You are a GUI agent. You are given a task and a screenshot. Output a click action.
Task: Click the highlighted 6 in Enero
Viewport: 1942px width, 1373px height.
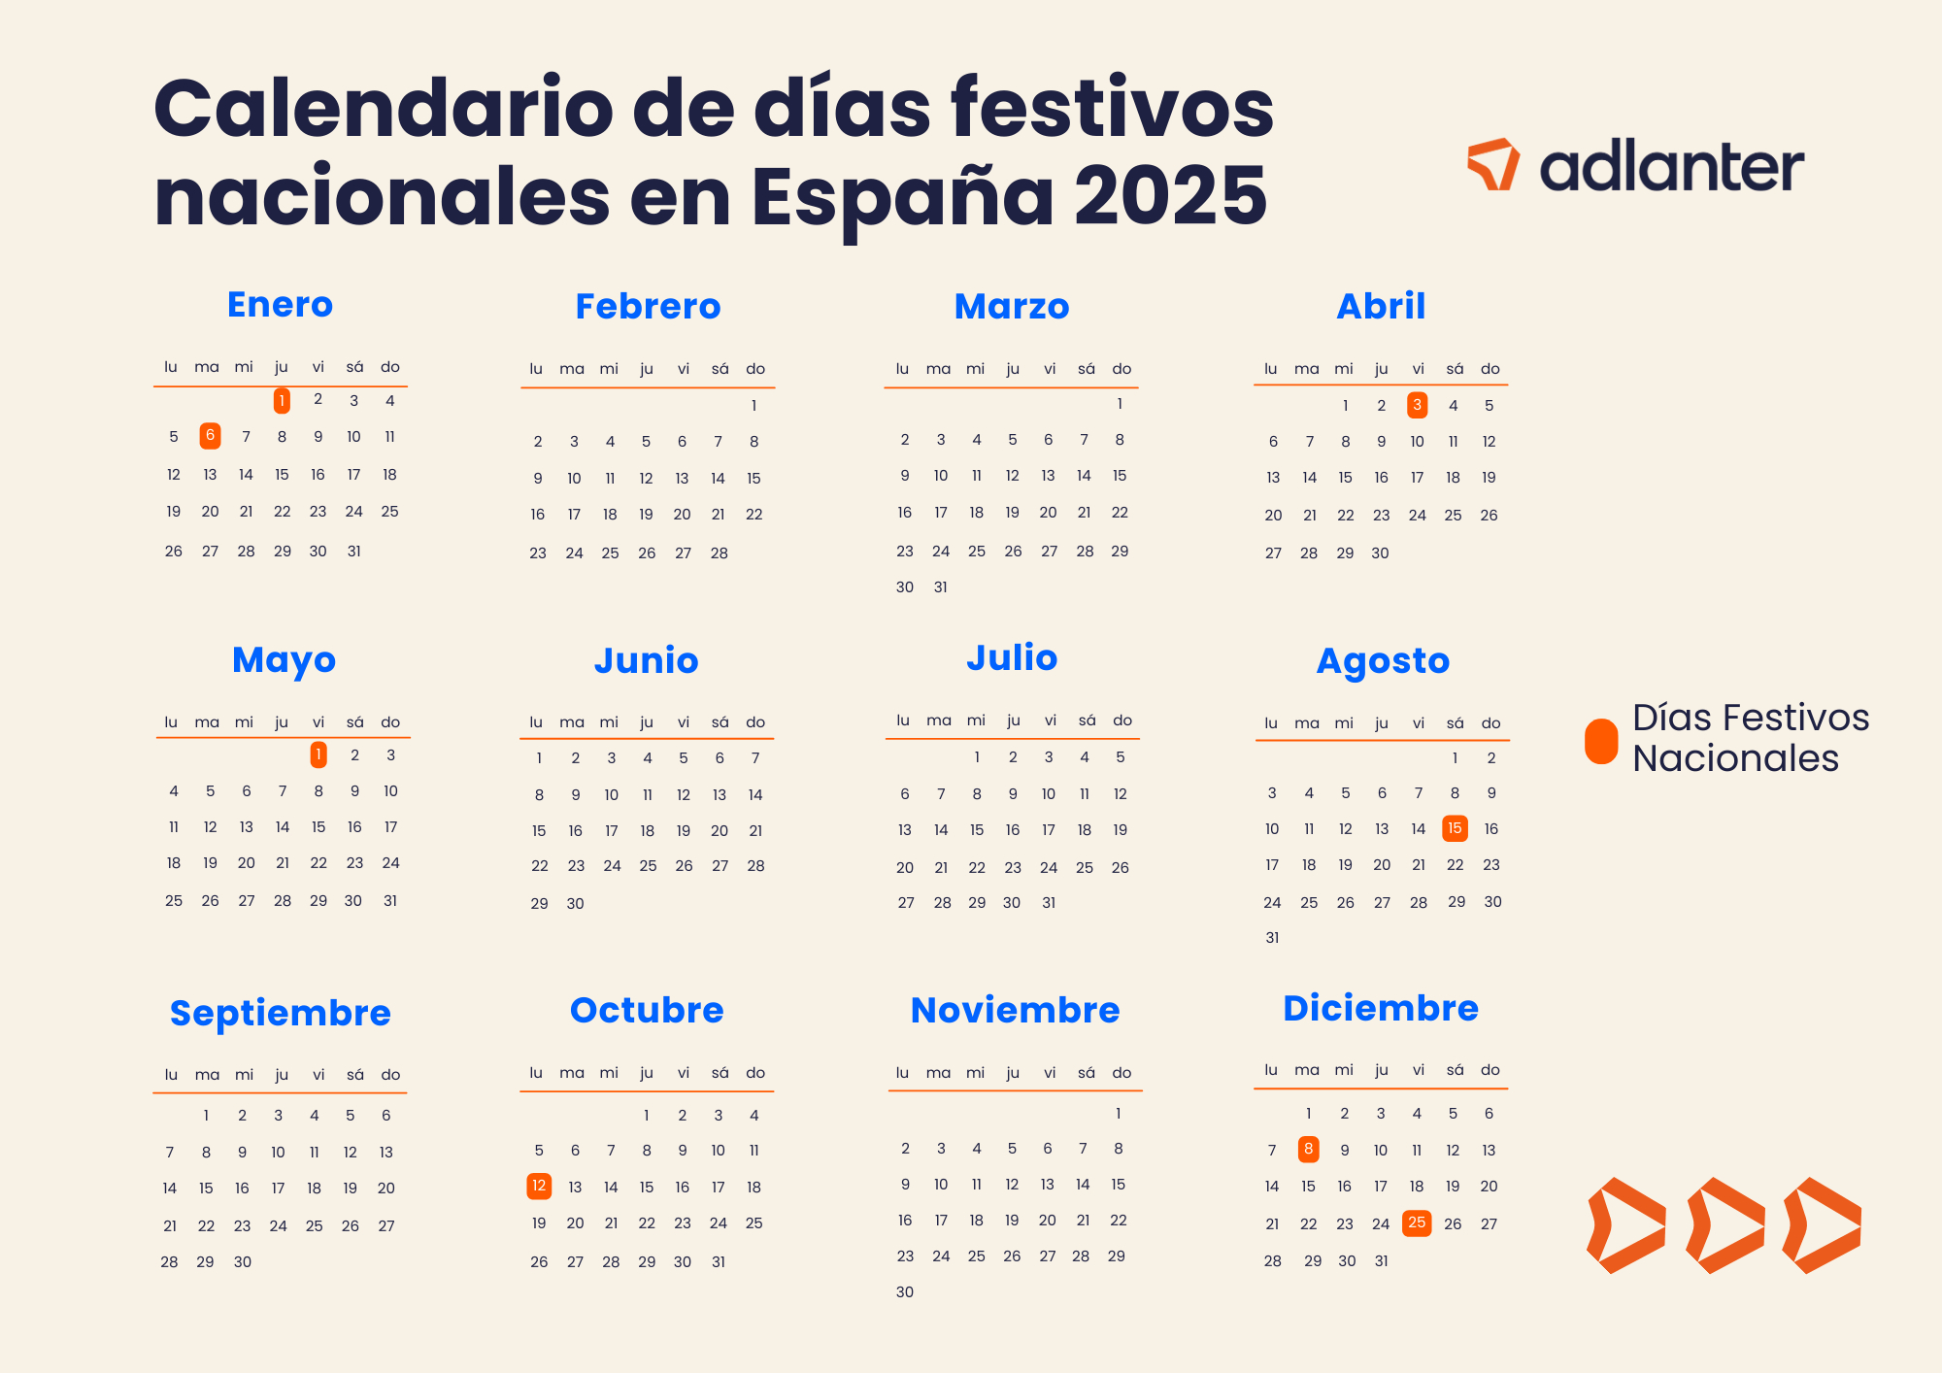click(x=210, y=436)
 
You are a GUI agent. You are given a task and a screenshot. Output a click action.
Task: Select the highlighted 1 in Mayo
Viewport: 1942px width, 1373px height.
click(x=318, y=754)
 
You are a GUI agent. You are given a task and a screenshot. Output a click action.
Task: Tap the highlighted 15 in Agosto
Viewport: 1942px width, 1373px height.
click(x=1455, y=828)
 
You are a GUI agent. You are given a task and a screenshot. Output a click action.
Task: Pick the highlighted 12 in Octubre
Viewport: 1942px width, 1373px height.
click(x=539, y=1186)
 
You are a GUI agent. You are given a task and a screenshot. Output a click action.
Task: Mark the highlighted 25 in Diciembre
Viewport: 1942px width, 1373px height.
click(x=1417, y=1222)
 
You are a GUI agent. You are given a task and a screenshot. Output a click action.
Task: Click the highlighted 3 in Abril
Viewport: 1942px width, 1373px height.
click(x=1418, y=405)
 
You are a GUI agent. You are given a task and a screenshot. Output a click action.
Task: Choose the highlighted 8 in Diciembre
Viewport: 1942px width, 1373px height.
click(x=1309, y=1150)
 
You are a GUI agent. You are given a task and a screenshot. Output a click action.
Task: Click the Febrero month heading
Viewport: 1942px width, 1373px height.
click(x=648, y=307)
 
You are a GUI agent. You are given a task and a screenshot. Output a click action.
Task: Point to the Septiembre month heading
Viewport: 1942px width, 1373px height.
click(x=280, y=1013)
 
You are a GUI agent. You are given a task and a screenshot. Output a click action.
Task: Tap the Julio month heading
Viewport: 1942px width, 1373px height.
click(x=1012, y=657)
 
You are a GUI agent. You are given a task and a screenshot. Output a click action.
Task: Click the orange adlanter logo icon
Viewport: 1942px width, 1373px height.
click(x=1493, y=164)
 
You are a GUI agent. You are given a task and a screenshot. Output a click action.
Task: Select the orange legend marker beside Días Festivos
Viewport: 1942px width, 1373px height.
click(x=1601, y=741)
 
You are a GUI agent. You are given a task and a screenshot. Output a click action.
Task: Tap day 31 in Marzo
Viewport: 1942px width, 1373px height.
click(x=940, y=587)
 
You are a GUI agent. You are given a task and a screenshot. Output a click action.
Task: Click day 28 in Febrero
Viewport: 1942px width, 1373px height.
click(x=719, y=553)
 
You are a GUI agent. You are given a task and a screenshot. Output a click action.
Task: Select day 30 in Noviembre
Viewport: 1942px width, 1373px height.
click(x=905, y=1292)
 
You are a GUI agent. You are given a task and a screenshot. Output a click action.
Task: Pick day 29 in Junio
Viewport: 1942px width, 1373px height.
click(x=540, y=904)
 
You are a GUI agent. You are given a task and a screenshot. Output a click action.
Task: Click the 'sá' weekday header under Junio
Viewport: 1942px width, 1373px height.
click(x=720, y=722)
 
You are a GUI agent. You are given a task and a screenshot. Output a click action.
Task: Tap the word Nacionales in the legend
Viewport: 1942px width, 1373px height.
click(x=1735, y=758)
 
